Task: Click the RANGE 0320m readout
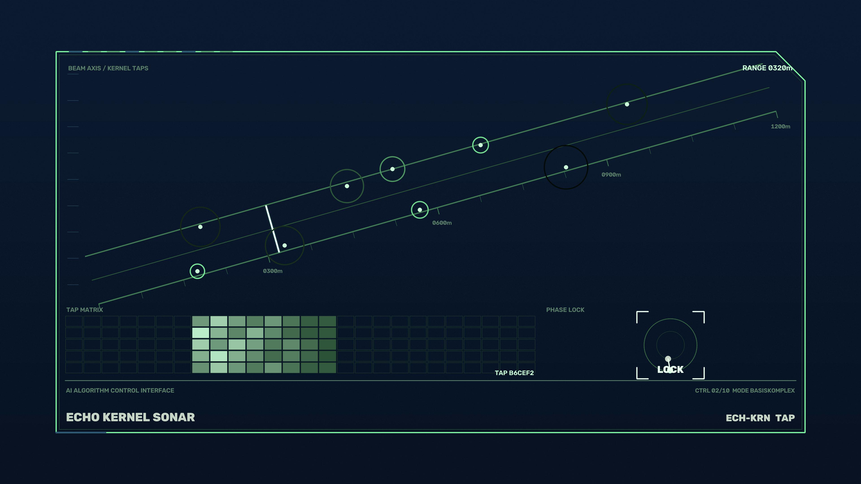(767, 68)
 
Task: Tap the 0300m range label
(273, 271)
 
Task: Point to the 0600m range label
(442, 223)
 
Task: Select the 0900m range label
(611, 175)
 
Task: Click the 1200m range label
(781, 127)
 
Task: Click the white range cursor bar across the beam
(272, 229)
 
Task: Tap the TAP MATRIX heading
(85, 310)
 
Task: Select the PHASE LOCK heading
(565, 310)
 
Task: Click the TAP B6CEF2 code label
(514, 373)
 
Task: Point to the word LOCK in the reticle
(670, 370)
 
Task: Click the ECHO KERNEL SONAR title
(130, 417)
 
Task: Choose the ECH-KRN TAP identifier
(760, 418)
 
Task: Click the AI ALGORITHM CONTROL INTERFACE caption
(120, 391)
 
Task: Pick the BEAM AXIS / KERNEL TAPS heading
(108, 68)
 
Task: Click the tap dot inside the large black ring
(566, 167)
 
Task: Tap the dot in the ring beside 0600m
(420, 210)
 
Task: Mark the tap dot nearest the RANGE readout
(627, 104)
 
